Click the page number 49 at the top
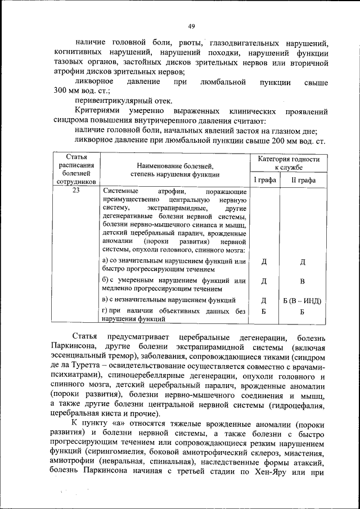(x=191, y=26)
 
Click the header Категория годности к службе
(x=289, y=163)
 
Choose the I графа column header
(x=264, y=180)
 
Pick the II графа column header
(x=303, y=180)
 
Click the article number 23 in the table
(x=76, y=192)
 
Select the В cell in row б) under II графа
(x=302, y=281)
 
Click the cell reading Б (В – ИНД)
(x=302, y=300)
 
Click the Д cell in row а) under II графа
(x=302, y=262)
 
